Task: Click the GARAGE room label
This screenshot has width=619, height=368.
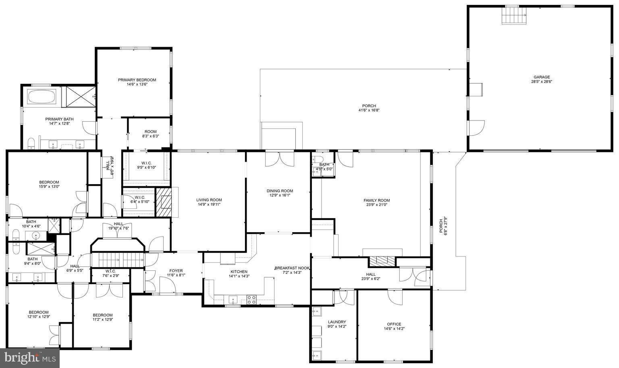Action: [541, 77]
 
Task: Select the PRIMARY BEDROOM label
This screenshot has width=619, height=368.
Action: [137, 80]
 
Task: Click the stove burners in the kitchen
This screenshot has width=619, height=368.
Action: [251, 299]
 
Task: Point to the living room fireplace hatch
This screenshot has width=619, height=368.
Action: [164, 203]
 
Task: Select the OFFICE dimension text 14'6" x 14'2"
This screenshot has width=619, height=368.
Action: [394, 329]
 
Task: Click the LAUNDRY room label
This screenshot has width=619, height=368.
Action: [337, 322]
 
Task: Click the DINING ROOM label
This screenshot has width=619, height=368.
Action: [280, 191]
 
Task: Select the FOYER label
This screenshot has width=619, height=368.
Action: [176, 270]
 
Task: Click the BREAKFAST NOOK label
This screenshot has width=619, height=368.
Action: [292, 268]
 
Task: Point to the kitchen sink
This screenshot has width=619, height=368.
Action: [233, 299]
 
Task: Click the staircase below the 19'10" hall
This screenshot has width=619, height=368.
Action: [117, 260]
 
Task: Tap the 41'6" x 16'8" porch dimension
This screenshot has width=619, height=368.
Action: [369, 110]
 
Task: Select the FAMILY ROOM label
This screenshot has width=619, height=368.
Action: [376, 200]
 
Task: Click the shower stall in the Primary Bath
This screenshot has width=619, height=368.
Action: [81, 97]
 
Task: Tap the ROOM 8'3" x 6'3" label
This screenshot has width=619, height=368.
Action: [150, 131]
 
